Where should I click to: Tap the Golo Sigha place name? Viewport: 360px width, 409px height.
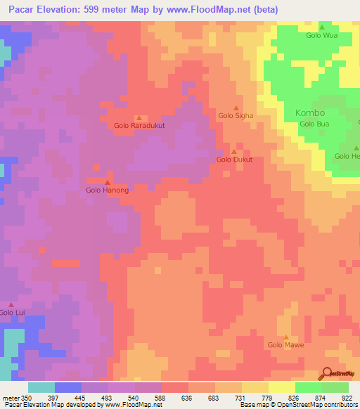click(236, 115)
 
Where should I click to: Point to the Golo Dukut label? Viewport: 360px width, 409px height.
click(234, 160)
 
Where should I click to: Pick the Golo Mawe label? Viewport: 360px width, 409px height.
click(285, 345)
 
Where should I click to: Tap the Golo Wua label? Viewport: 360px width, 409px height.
click(321, 35)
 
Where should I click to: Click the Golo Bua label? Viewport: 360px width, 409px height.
click(314, 124)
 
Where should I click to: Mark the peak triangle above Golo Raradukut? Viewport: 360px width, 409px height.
click(139, 117)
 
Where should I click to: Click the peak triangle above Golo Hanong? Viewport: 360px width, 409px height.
click(108, 182)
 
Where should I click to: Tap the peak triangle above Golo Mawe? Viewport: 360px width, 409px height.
click(285, 337)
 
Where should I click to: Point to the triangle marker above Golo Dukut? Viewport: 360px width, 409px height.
click(234, 151)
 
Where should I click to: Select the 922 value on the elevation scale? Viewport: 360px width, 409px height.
click(347, 397)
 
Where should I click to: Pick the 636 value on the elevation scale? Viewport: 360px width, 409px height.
click(186, 397)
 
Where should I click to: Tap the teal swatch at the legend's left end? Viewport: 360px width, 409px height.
click(41, 387)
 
